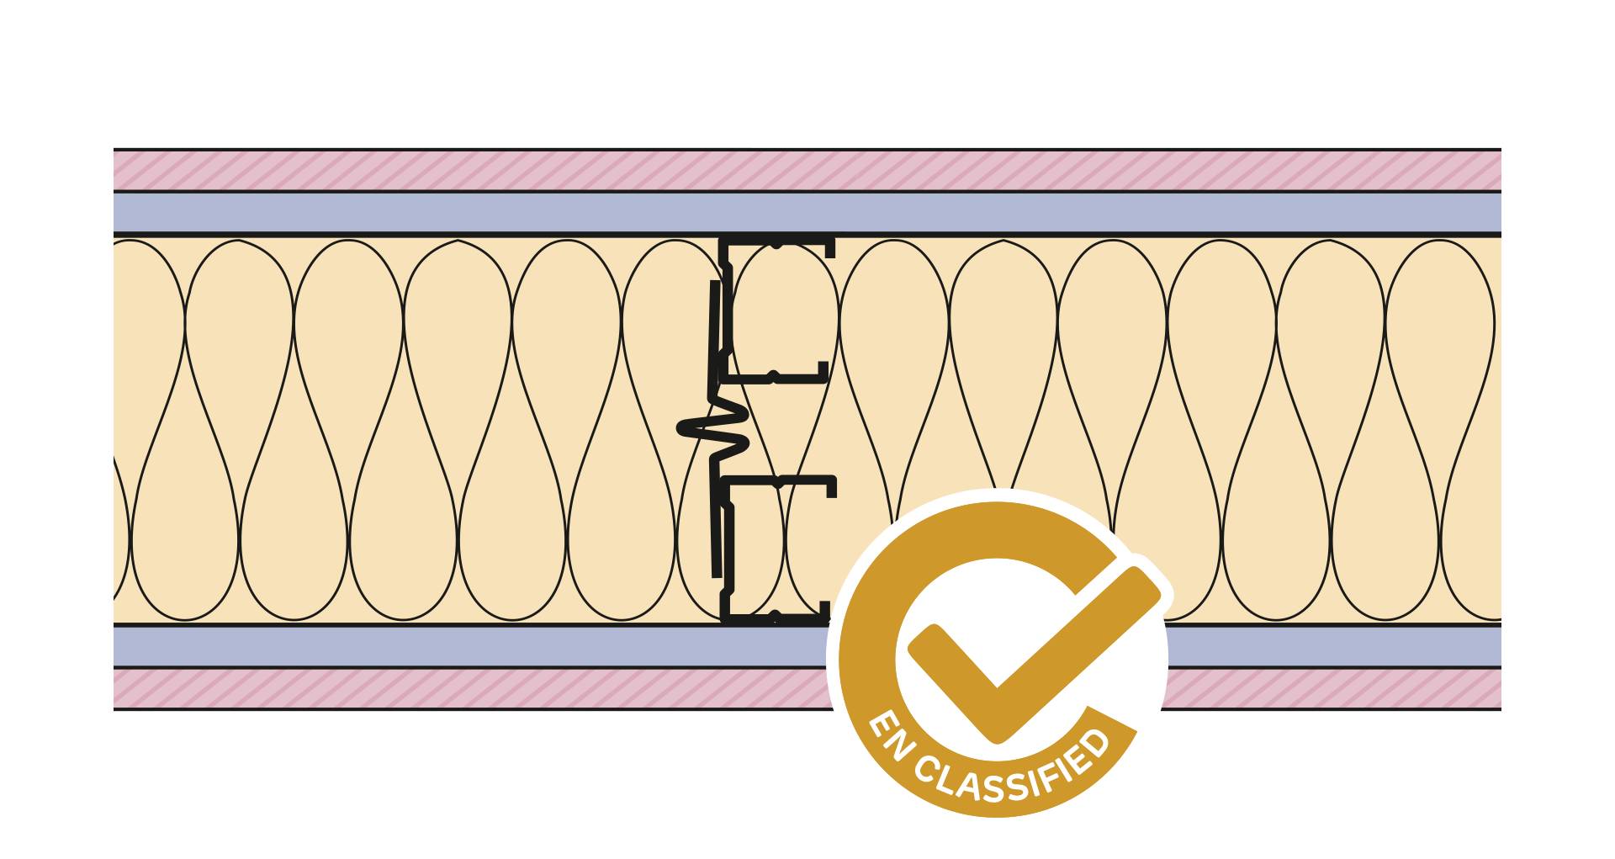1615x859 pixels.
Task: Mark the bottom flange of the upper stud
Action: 777,376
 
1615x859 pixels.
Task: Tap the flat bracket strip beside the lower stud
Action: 715,530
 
